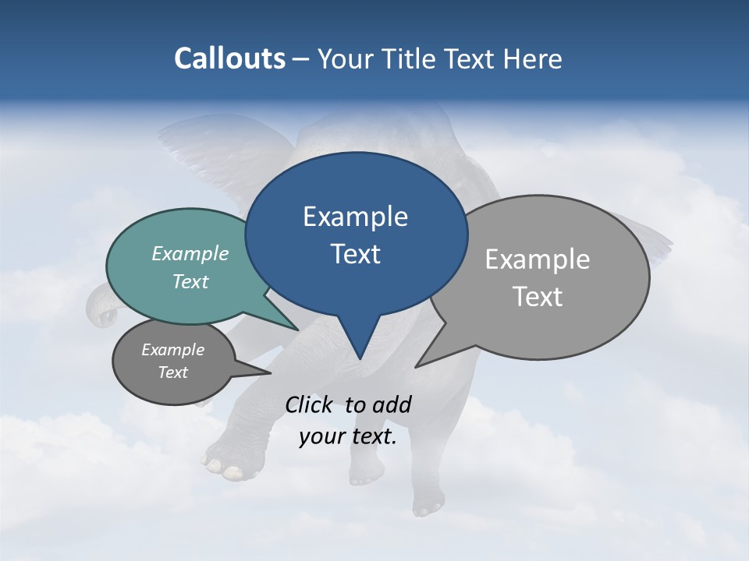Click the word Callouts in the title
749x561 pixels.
click(229, 58)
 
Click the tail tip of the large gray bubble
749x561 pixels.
click(417, 366)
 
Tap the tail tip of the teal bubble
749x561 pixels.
click(296, 330)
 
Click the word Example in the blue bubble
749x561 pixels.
click(355, 217)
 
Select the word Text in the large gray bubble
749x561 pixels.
click(538, 297)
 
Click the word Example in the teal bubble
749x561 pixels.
click(190, 254)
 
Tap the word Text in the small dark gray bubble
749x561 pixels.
click(173, 372)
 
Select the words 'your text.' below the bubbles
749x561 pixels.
click(348, 437)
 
